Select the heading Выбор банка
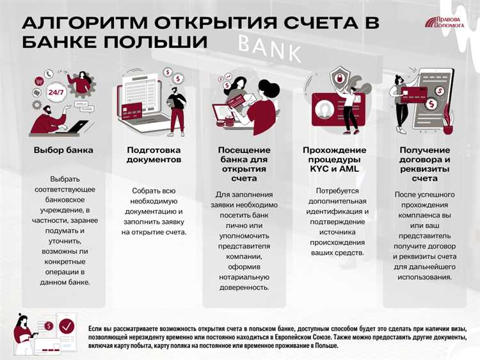(63, 150)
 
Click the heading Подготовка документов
(154, 154)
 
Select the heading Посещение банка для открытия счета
(244, 164)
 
